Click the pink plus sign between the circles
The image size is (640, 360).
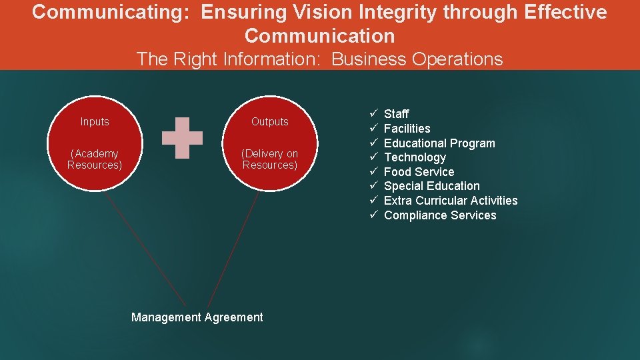[183, 138]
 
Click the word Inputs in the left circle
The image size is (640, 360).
[95, 121]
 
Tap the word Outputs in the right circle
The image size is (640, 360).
[270, 121]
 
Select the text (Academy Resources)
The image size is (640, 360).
[95, 159]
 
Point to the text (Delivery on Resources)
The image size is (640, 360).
[270, 159]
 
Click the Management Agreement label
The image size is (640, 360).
[197, 317]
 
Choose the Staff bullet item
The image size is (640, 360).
[397, 114]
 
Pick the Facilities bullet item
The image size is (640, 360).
[407, 129]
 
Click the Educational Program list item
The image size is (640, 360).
[439, 143]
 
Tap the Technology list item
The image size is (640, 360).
[415, 157]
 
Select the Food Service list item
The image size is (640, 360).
[419, 172]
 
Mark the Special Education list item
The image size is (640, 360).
[431, 186]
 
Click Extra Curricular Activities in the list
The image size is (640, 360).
[451, 201]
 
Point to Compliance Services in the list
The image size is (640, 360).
[440, 215]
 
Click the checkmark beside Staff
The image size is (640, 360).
[375, 114]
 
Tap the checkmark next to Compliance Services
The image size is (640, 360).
[375, 215]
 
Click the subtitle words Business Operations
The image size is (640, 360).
[417, 59]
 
